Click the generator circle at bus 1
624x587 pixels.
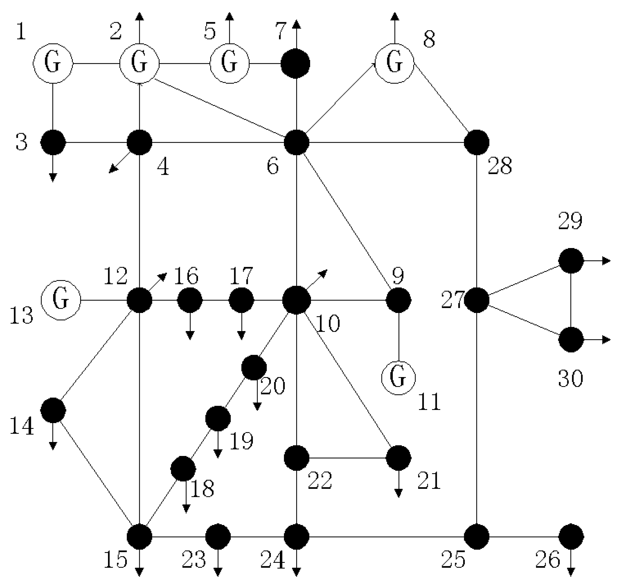click(53, 64)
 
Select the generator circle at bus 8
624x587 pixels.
click(395, 64)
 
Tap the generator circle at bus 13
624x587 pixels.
click(61, 300)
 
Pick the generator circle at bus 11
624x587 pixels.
click(398, 378)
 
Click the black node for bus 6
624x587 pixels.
click(296, 142)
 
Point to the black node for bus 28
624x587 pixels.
click(476, 142)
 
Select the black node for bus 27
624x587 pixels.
click(476, 300)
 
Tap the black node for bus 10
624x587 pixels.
click(296, 300)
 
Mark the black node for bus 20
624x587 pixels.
click(254, 367)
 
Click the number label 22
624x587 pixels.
click(319, 481)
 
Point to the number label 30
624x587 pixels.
click(570, 379)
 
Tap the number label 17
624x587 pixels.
click(241, 276)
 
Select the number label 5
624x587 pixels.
click(210, 31)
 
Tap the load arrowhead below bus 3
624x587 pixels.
click(53, 178)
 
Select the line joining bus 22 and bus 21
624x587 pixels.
click(347, 458)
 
